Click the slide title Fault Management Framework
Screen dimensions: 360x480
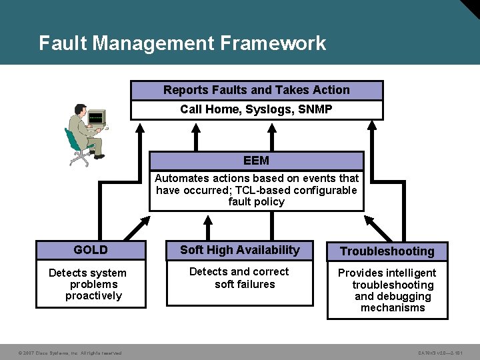pyautogui.click(x=182, y=43)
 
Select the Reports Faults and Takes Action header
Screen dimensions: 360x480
pyautogui.click(x=257, y=90)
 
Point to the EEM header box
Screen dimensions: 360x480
pyautogui.click(x=257, y=161)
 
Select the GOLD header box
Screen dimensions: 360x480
pyautogui.click(x=91, y=250)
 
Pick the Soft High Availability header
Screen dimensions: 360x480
pyautogui.click(x=240, y=250)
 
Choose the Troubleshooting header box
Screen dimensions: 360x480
pyautogui.click(x=387, y=251)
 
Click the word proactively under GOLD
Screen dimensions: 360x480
pyautogui.click(x=94, y=296)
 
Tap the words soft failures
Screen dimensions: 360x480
pyautogui.click(x=245, y=285)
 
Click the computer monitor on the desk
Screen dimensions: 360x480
pyautogui.click(x=96, y=118)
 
